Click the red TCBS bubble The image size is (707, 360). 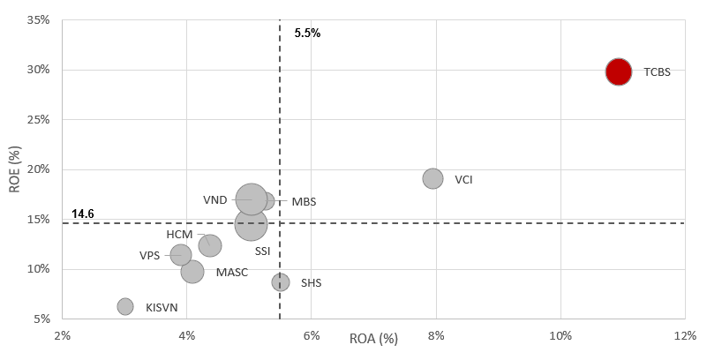point(619,71)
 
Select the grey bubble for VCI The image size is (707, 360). point(432,178)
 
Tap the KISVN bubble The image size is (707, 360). point(125,306)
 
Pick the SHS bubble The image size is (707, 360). point(281,282)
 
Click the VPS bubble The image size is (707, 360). point(181,255)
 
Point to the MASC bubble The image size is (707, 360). point(192,272)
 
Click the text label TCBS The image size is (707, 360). point(657,72)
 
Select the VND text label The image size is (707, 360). point(215,199)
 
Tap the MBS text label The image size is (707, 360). point(304,202)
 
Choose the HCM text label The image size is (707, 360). point(179,235)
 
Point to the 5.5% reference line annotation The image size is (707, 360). point(307,33)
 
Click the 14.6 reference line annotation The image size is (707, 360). point(83,214)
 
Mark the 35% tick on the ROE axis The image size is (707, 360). point(38,19)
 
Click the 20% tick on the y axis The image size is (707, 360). point(38,169)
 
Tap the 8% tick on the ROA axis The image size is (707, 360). point(436,336)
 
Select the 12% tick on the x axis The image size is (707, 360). point(685,336)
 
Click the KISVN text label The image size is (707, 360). point(162,307)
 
